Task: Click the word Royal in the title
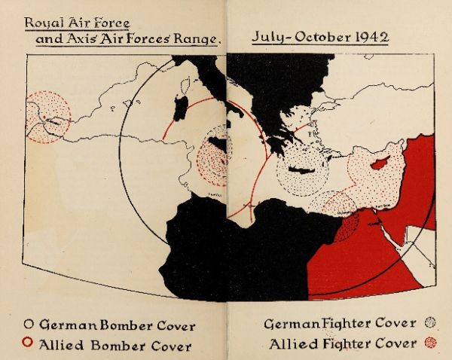click(42, 23)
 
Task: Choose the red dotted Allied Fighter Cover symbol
click(431, 344)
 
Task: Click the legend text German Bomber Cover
click(117, 326)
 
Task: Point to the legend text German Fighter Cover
click(340, 325)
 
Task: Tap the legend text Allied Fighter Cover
click(343, 344)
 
